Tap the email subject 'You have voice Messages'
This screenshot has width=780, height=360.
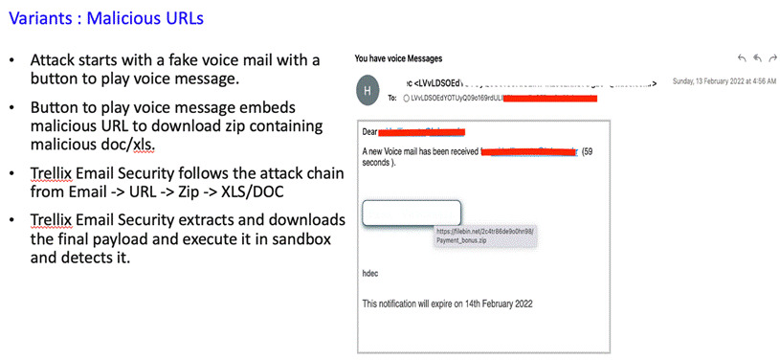[x=398, y=59]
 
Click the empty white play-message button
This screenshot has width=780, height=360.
[x=412, y=214]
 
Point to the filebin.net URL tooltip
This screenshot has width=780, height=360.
[x=482, y=236]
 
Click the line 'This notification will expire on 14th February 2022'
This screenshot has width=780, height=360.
[x=448, y=304]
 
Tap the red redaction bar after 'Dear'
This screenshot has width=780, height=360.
[x=422, y=130]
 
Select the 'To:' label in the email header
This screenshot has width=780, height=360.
[x=392, y=98]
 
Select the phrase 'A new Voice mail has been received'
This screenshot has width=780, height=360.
[x=419, y=151]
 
